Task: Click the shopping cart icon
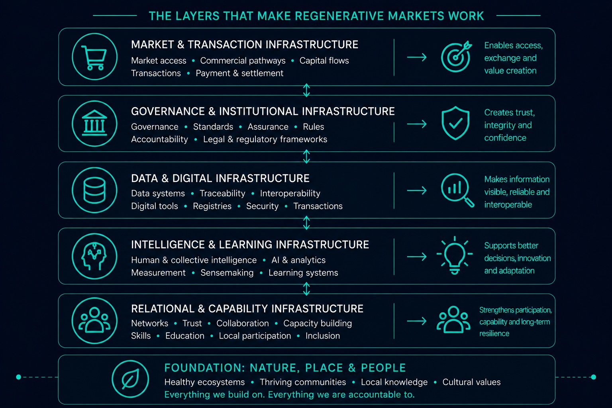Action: click(94, 58)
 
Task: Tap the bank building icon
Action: click(94, 123)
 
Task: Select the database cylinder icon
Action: click(94, 190)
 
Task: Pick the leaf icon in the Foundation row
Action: click(130, 379)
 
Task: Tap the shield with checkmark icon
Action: click(455, 123)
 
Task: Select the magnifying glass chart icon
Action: click(457, 190)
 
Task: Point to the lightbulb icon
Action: click(454, 255)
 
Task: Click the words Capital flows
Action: click(324, 61)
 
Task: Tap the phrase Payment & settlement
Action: click(239, 73)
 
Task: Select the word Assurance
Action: click(268, 127)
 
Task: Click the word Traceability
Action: click(222, 193)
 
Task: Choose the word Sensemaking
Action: click(227, 273)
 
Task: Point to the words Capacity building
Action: click(318, 323)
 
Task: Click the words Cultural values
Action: click(471, 382)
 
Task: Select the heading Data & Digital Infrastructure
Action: click(220, 178)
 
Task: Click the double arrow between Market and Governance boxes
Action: click(306, 90)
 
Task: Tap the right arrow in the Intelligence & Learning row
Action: click(417, 257)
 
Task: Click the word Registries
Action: click(212, 206)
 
